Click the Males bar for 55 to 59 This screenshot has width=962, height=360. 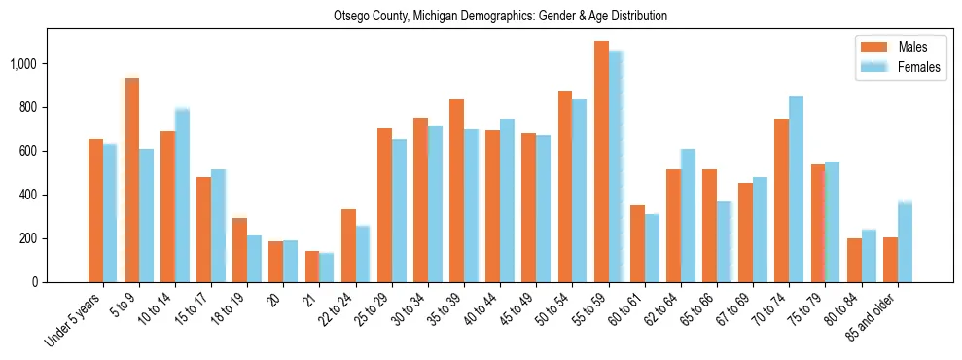point(601,162)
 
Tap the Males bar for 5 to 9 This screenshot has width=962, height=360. point(131,180)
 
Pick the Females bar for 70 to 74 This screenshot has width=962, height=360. point(796,189)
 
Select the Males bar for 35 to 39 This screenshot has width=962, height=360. point(456,191)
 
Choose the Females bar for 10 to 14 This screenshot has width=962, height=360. point(182,196)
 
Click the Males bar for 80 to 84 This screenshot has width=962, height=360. point(854,260)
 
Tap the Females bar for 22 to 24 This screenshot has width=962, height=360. point(363,254)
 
